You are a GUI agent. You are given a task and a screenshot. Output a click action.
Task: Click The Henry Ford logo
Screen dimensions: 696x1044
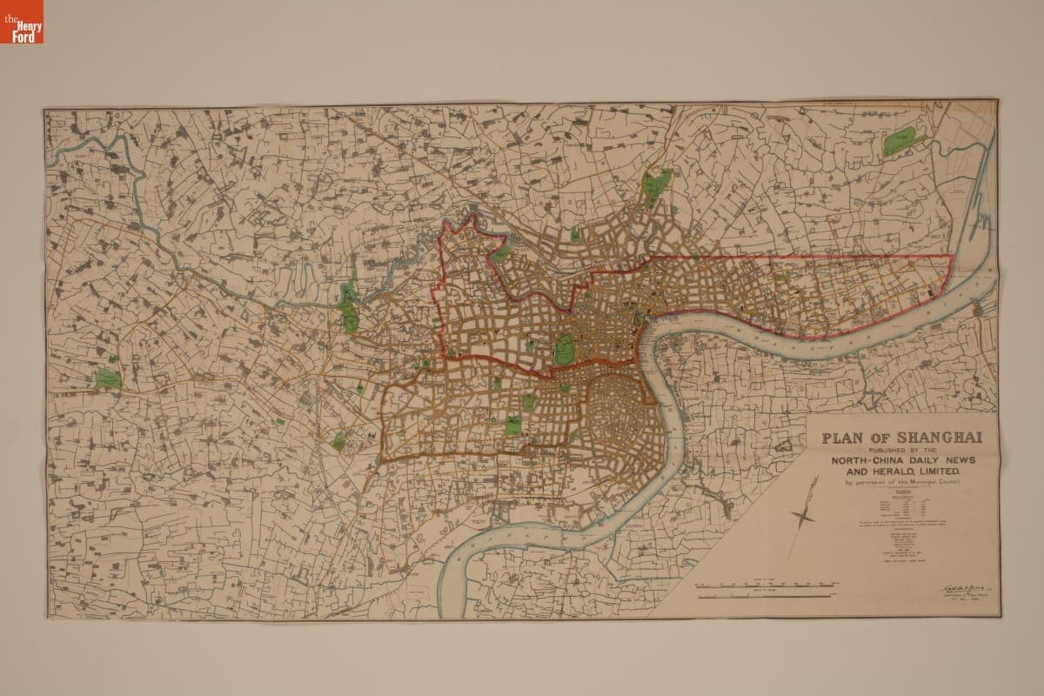[x=22, y=22]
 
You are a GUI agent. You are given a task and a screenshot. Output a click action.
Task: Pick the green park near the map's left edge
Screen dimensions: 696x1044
[x=107, y=378]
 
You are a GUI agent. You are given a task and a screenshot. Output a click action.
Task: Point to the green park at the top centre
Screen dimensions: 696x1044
[x=658, y=184]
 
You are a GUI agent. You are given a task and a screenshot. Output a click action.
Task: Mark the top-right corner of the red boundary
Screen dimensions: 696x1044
[x=950, y=257]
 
